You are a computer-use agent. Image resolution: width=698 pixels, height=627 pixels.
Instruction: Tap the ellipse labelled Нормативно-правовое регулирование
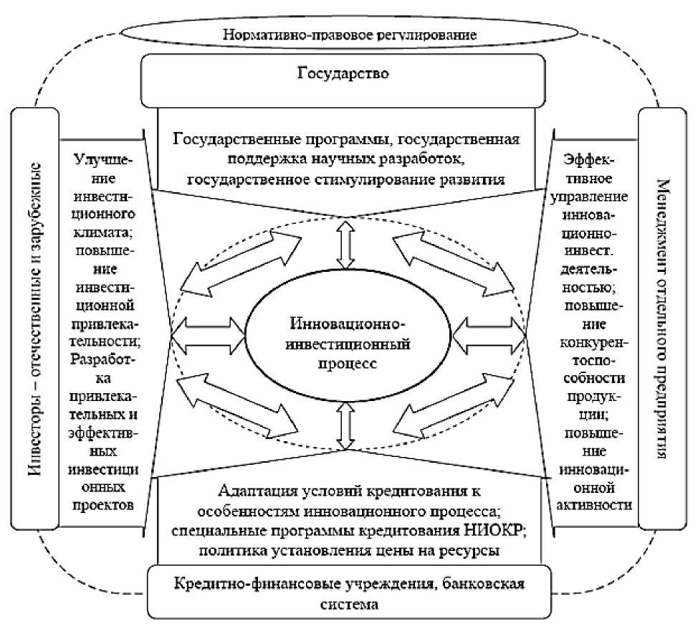coord(349,33)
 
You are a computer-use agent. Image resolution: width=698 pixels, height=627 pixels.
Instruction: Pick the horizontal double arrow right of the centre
coord(489,334)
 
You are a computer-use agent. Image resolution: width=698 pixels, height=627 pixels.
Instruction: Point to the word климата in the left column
coord(105,233)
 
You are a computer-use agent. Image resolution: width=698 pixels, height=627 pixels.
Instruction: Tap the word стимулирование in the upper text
coord(397,178)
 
